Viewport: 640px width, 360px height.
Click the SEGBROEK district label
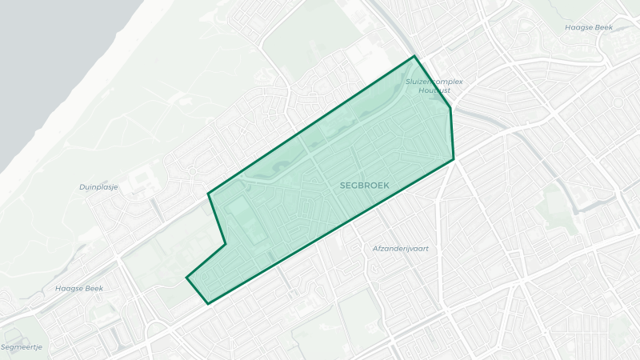click(x=364, y=185)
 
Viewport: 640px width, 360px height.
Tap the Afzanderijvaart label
click(x=400, y=249)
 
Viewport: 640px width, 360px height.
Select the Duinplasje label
click(x=99, y=187)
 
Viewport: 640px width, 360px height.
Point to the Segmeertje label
click(x=21, y=347)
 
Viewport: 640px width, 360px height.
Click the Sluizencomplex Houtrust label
click(x=434, y=86)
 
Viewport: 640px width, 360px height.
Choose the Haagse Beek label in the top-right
click(x=589, y=27)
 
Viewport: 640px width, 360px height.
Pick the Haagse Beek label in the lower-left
click(x=80, y=288)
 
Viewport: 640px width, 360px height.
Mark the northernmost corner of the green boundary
click(x=414, y=57)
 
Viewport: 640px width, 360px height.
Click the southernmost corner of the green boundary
click(x=208, y=304)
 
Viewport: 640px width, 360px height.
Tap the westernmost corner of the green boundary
click(x=186, y=278)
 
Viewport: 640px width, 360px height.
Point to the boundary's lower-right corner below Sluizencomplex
click(x=454, y=159)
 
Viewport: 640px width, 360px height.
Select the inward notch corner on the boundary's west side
click(x=225, y=243)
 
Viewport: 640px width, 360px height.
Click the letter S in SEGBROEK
click(x=342, y=185)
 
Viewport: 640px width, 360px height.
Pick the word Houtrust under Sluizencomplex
click(x=434, y=90)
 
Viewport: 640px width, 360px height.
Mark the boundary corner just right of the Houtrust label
click(x=450, y=108)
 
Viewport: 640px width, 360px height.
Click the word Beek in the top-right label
click(x=602, y=27)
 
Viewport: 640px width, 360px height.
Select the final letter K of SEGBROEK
click(x=386, y=185)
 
